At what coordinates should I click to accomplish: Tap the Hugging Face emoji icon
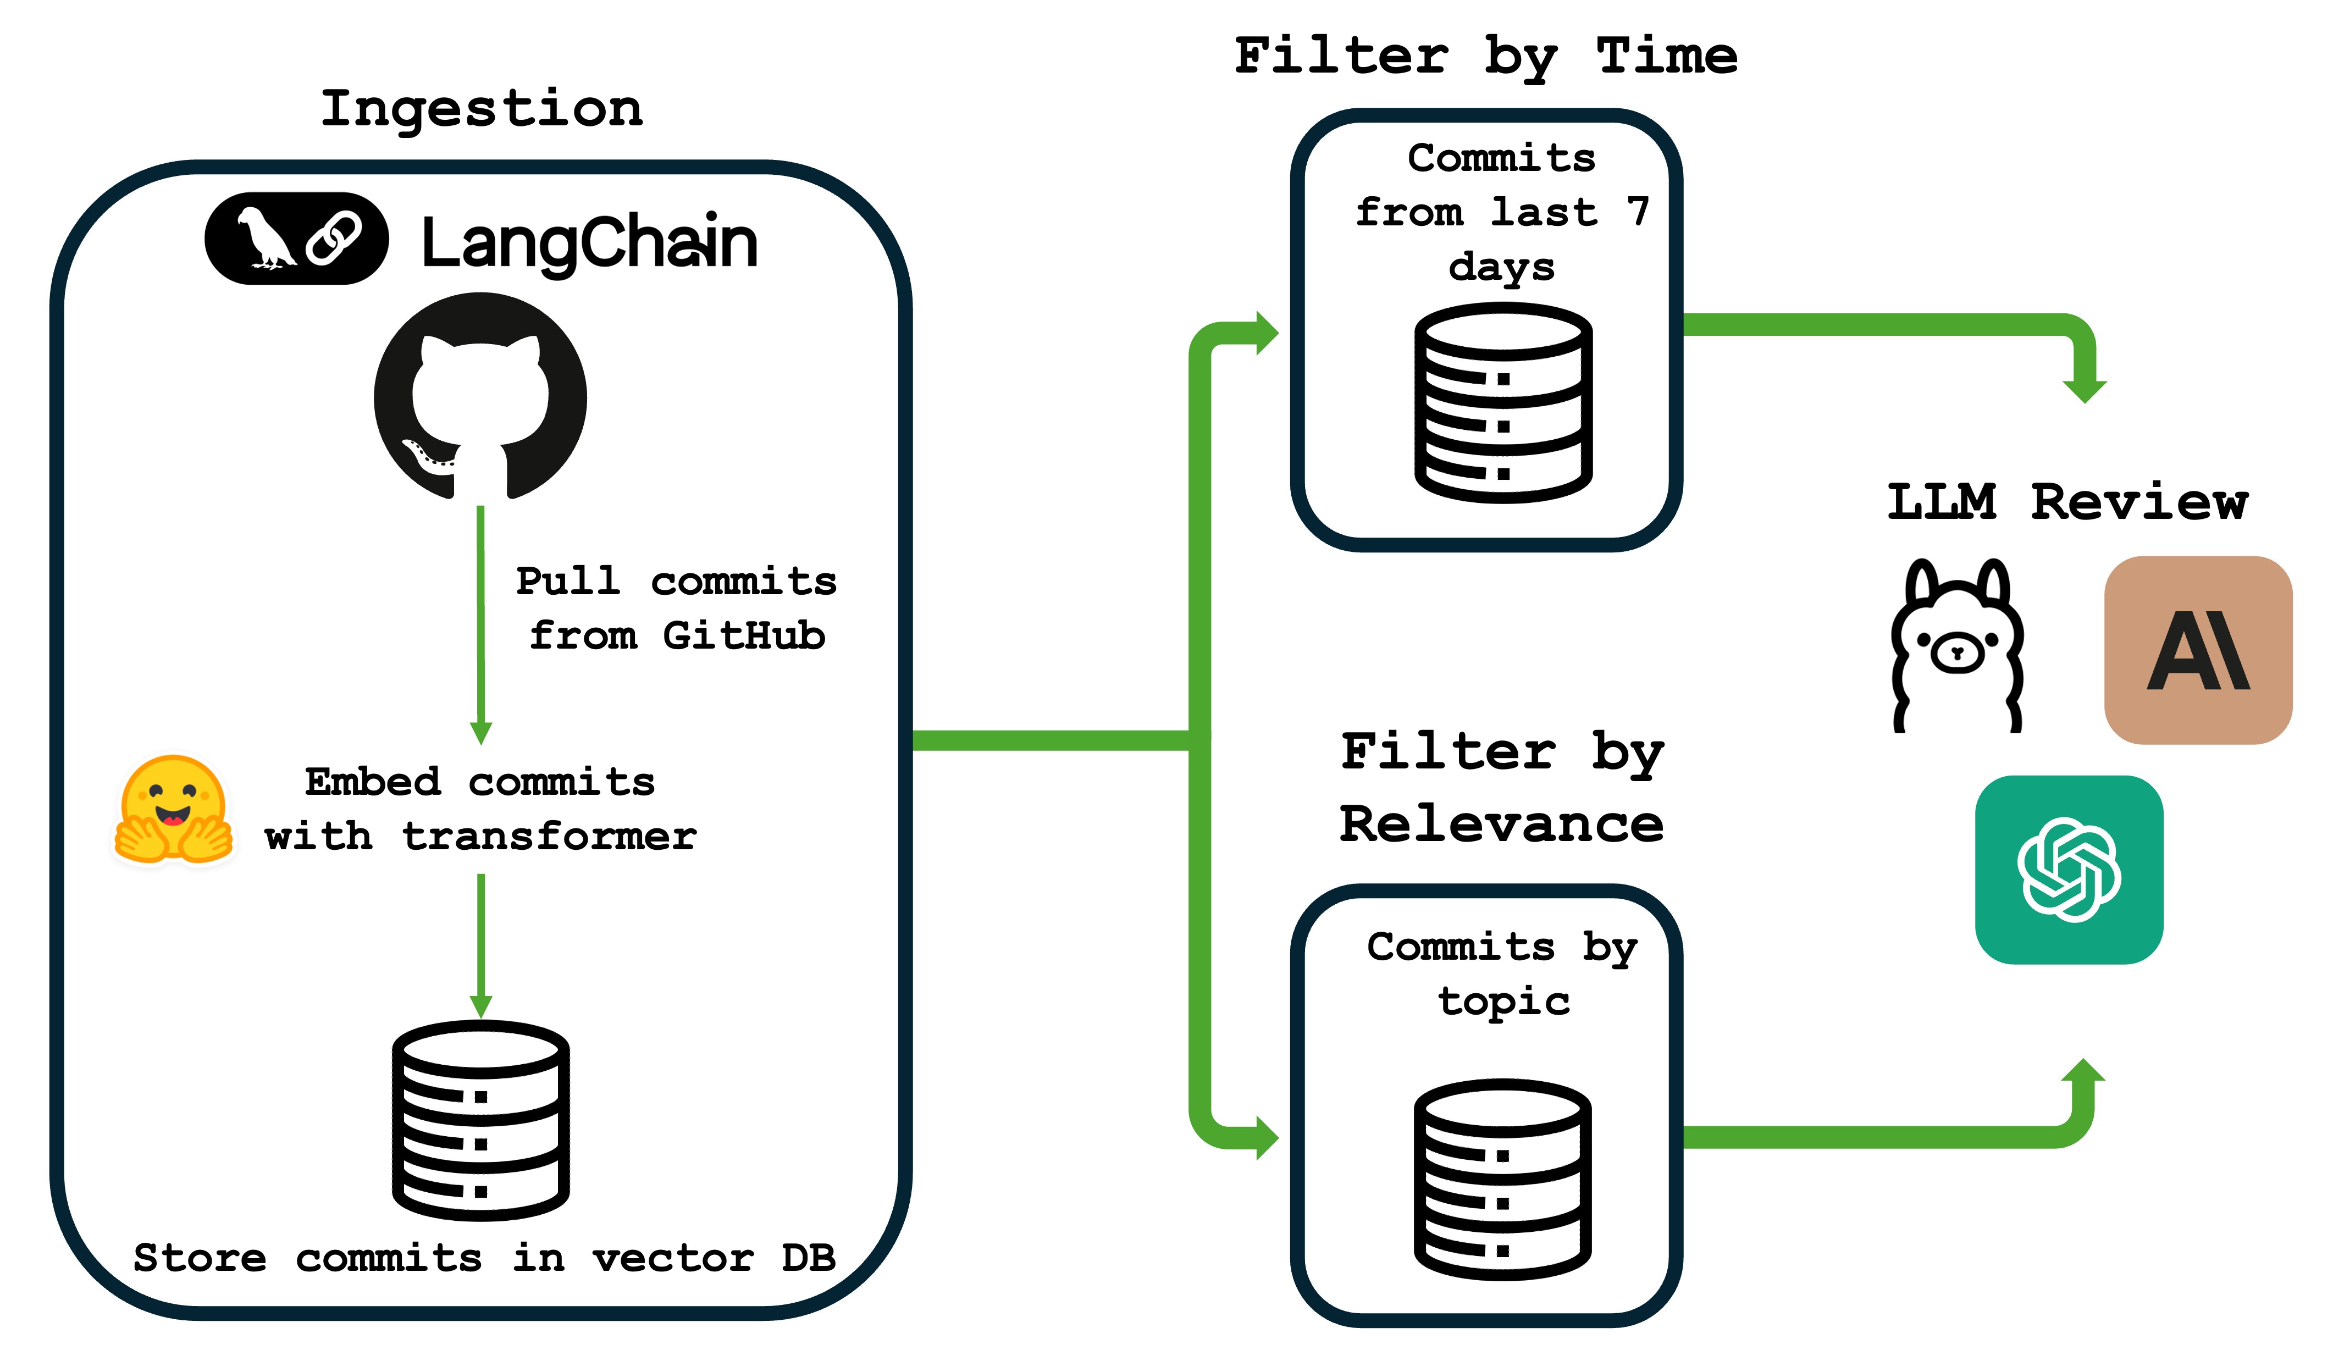tap(173, 810)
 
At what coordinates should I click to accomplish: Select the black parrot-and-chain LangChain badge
tap(296, 238)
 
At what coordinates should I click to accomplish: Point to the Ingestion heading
tap(482, 109)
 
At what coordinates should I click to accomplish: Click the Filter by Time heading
tap(1486, 56)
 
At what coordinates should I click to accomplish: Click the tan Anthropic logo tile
tap(2198, 650)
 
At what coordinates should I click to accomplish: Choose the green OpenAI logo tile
tap(2069, 870)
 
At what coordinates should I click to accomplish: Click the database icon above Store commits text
tap(480, 1120)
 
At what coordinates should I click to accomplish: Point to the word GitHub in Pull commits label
tap(743, 635)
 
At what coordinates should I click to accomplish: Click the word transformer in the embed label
tap(549, 836)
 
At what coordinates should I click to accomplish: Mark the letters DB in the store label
tap(808, 1258)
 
